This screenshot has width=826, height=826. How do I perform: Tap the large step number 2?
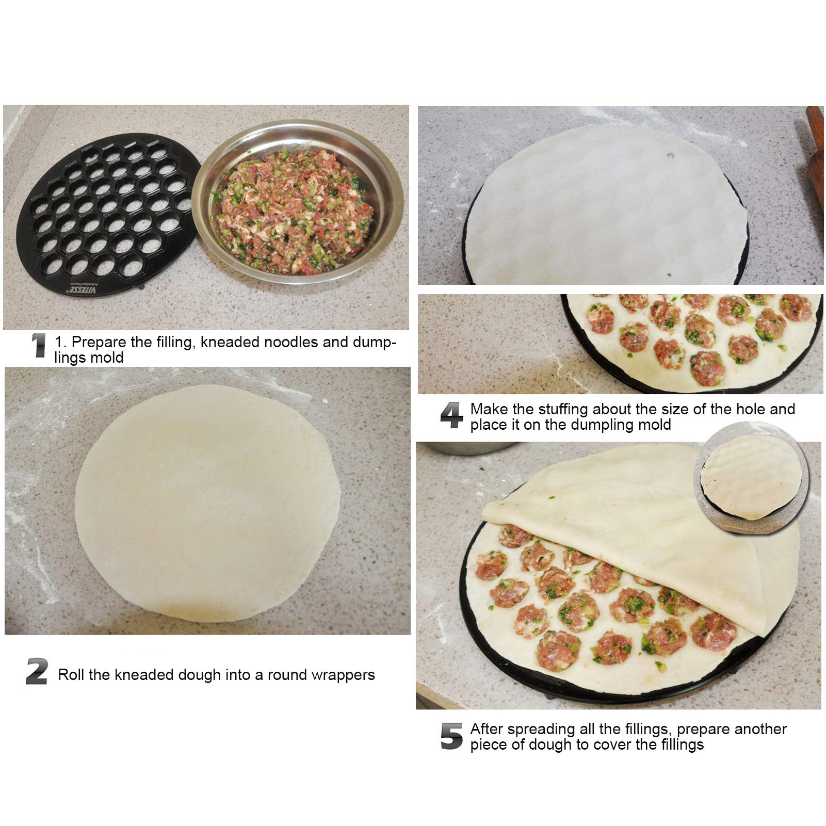37,672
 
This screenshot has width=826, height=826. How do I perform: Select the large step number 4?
451,416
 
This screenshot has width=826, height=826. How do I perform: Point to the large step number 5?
452,736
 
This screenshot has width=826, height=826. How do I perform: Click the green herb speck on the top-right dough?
669,154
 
